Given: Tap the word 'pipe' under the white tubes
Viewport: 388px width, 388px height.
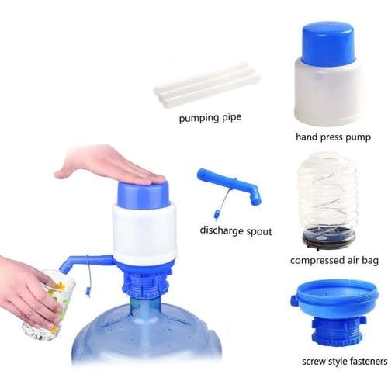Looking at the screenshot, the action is click(x=231, y=118).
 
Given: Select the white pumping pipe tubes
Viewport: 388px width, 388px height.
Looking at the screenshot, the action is click(x=207, y=82).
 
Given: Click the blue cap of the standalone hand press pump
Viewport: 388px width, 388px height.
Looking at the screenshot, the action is click(x=328, y=44).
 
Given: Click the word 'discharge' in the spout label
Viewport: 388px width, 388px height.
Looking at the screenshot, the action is click(x=221, y=230).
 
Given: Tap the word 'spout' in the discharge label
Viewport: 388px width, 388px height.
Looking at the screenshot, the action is click(x=259, y=231).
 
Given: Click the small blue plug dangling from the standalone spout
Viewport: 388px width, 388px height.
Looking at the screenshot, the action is click(x=217, y=214).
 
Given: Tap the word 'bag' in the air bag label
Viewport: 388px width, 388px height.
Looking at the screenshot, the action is click(x=370, y=261).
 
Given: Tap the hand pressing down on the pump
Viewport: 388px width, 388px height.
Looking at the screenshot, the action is click(x=109, y=167).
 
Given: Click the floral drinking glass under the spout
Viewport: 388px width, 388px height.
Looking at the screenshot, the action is click(x=49, y=304).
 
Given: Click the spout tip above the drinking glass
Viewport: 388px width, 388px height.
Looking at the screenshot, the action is click(x=64, y=268).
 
